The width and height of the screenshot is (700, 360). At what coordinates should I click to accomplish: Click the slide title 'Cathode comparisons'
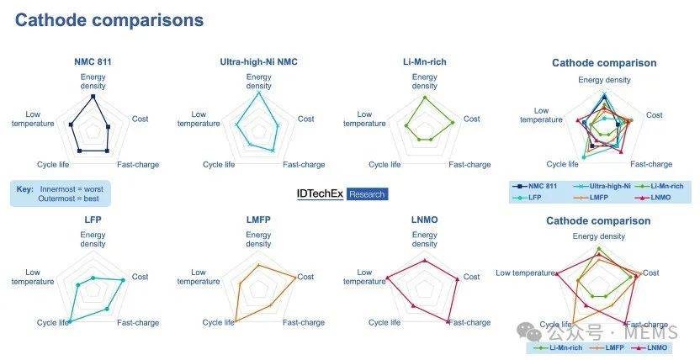109,20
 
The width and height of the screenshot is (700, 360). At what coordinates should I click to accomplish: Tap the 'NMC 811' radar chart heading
93,62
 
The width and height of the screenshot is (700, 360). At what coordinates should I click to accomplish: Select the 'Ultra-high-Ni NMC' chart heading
258,62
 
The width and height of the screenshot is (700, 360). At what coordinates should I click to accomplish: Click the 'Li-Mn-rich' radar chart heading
425,62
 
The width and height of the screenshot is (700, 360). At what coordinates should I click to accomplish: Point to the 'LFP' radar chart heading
93,220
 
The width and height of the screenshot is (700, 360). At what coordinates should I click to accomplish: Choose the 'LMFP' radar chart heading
258,220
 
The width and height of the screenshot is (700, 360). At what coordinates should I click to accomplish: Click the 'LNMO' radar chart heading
425,220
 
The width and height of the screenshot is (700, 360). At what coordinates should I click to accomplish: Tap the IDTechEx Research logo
342,194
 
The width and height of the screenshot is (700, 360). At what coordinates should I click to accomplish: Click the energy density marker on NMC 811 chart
93,97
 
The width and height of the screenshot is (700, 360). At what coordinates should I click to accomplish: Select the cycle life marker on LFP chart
70,321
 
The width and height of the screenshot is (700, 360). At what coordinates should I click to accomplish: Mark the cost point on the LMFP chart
295,278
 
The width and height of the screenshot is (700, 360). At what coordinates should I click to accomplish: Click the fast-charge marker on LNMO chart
448,321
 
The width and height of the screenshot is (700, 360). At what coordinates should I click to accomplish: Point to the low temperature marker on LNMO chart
387,278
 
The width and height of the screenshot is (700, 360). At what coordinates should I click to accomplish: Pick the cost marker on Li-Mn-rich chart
453,122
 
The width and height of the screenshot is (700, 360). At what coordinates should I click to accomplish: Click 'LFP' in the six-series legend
535,197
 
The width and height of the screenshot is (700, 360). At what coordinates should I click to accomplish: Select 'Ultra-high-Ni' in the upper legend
610,186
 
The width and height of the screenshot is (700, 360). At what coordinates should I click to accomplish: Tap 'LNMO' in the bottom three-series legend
657,347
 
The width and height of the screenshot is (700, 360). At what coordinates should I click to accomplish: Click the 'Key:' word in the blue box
25,189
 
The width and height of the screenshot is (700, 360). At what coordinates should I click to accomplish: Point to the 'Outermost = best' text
68,199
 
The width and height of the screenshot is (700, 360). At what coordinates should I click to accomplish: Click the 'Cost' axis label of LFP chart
140,277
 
